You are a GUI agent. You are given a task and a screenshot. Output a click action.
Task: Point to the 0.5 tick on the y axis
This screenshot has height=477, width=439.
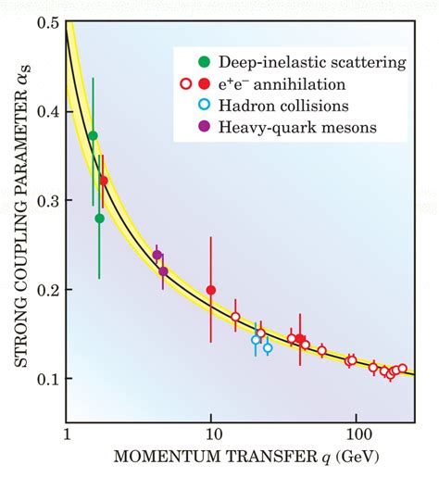pyautogui.click(x=47, y=21)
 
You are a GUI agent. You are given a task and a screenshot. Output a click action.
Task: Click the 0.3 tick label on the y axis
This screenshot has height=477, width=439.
pyautogui.click(x=47, y=201)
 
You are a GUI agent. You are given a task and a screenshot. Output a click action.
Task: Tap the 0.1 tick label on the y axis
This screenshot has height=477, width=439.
pyautogui.click(x=47, y=380)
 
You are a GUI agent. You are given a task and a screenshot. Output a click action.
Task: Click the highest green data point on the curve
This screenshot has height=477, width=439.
pyautogui.click(x=93, y=136)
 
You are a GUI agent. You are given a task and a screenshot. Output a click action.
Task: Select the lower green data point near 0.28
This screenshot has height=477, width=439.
pyautogui.click(x=99, y=219)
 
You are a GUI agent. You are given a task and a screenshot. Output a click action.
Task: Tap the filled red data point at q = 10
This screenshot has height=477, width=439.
pyautogui.click(x=211, y=290)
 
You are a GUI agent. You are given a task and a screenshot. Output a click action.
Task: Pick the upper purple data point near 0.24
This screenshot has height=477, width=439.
pyautogui.click(x=157, y=255)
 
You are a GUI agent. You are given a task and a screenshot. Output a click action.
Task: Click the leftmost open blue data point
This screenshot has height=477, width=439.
pyautogui.click(x=257, y=340)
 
